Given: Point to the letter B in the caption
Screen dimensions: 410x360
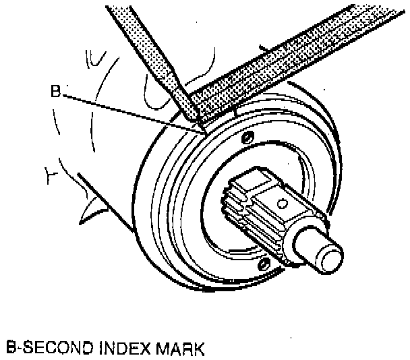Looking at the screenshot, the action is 11,349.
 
